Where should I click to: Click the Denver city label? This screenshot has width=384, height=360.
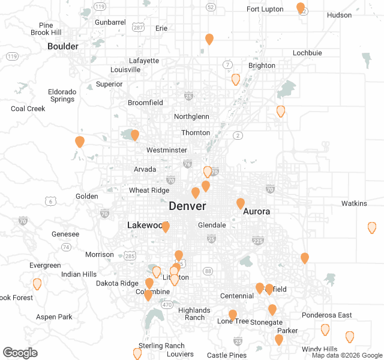[x=187, y=206]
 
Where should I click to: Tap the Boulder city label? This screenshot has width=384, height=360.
[x=63, y=46]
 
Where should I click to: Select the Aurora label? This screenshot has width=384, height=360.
[x=256, y=211]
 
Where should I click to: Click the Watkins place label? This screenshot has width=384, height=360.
[x=354, y=203]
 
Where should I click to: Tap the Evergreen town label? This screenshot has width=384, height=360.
[x=45, y=265]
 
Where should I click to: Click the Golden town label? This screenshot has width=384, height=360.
[x=86, y=196]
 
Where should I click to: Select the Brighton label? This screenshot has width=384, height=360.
[x=262, y=65]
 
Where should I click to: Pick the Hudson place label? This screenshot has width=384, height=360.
[x=339, y=15]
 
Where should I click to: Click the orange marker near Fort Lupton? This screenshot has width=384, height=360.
[x=301, y=8]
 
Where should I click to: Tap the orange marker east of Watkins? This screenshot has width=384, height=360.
[x=372, y=227]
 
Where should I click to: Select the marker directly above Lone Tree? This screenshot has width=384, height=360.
[x=233, y=315]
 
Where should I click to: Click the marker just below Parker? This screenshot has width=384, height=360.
[x=279, y=340]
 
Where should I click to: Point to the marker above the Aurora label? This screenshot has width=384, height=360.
[x=241, y=203]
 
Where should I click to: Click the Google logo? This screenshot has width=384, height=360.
[x=20, y=353]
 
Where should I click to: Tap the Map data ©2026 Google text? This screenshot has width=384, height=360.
[x=346, y=355]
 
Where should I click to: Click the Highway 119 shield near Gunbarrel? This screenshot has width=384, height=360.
[x=100, y=6]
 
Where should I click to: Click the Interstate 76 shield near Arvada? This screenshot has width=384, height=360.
[x=187, y=164]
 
